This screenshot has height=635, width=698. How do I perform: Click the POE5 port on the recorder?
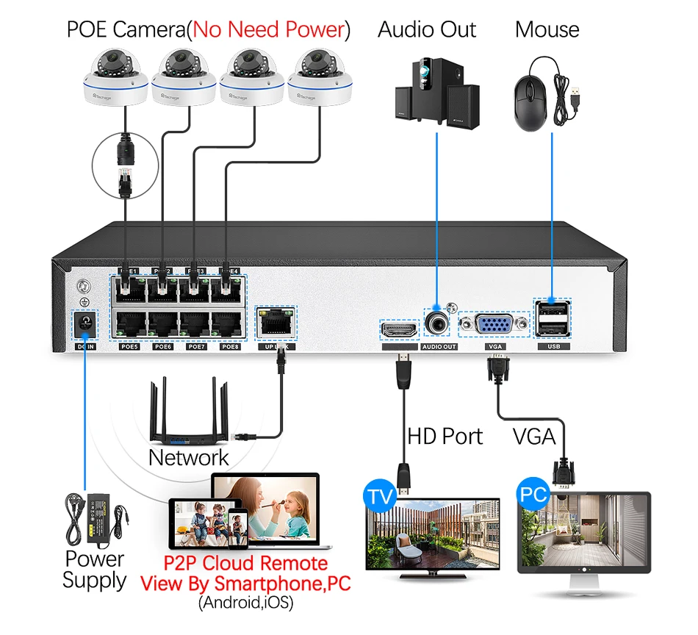point(129,324)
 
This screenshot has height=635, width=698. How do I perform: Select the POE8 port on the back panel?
point(229,324)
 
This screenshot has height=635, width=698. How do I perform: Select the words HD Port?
point(445,436)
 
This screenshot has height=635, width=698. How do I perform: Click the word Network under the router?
point(189,458)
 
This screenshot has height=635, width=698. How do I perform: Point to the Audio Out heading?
point(427,30)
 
